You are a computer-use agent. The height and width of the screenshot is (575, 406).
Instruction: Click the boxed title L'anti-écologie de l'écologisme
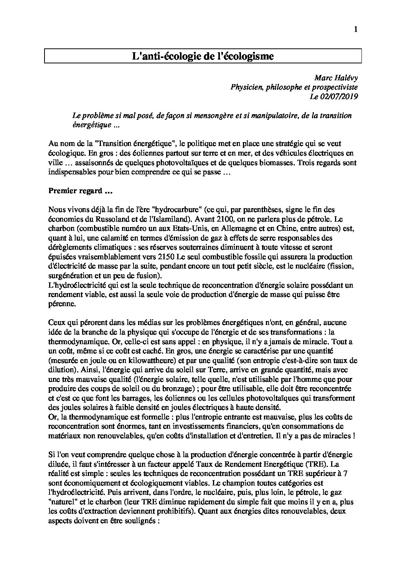click(203, 56)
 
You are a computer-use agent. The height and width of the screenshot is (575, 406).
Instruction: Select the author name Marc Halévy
click(336, 78)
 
